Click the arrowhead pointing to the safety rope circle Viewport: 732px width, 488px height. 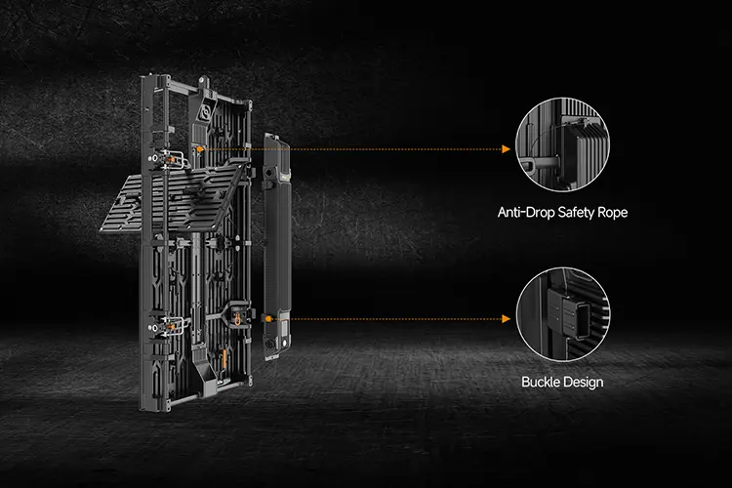point(506,149)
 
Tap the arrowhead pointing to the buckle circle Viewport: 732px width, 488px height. point(506,319)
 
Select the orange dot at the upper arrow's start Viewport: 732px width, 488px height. point(200,149)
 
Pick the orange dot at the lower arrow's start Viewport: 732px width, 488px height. point(268,319)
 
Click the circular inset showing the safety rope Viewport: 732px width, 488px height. point(562,144)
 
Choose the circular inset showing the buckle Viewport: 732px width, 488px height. point(563,314)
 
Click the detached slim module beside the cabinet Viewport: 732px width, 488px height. point(277,247)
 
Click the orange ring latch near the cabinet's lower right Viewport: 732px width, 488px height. point(237,319)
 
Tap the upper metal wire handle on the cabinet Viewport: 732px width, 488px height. point(177,158)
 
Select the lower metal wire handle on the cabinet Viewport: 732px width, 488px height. point(177,324)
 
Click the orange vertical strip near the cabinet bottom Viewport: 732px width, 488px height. point(224,358)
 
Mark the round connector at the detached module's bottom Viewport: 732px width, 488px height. point(269,346)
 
